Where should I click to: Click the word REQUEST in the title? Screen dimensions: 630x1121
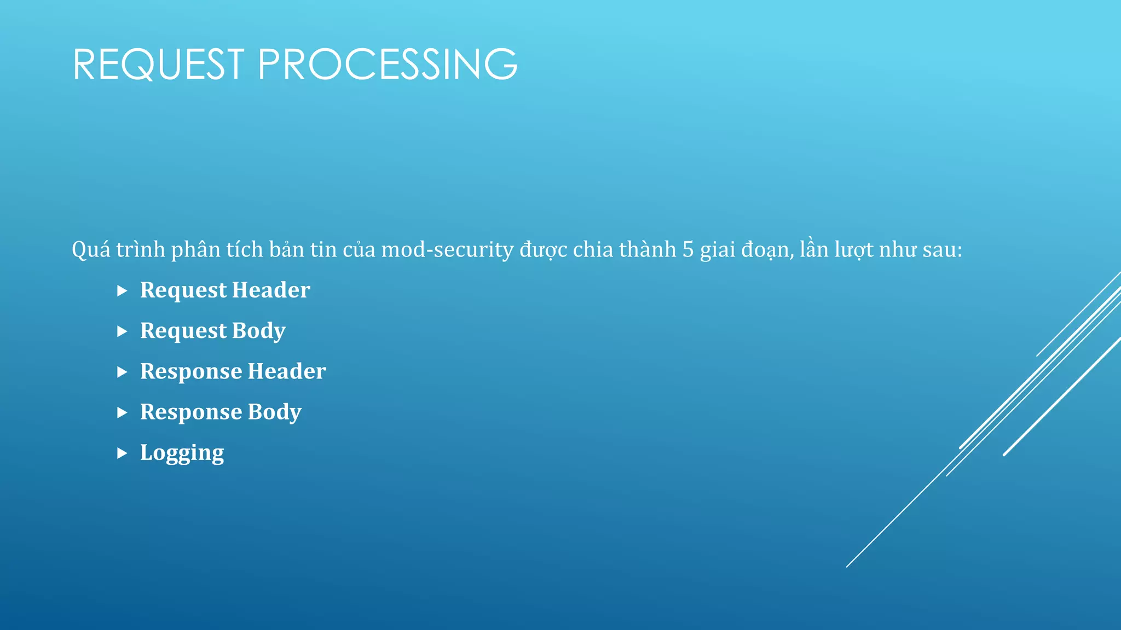158,65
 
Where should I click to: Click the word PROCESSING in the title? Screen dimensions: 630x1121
388,65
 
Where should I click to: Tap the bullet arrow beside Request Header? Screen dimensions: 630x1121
122,291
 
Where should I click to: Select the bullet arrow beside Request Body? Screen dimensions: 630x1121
122,331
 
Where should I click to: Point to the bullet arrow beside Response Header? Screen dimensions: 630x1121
122,372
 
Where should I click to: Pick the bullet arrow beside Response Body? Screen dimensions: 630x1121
122,413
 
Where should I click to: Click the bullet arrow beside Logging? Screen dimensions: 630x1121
122,453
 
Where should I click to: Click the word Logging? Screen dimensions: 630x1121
182,453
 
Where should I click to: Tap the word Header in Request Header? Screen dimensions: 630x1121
271,290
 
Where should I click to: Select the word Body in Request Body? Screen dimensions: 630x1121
258,331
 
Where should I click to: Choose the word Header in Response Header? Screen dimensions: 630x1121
287,372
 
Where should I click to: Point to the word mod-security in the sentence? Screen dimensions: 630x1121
447,250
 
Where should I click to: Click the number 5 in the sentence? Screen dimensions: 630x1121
687,250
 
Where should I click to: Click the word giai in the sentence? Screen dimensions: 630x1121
718,250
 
